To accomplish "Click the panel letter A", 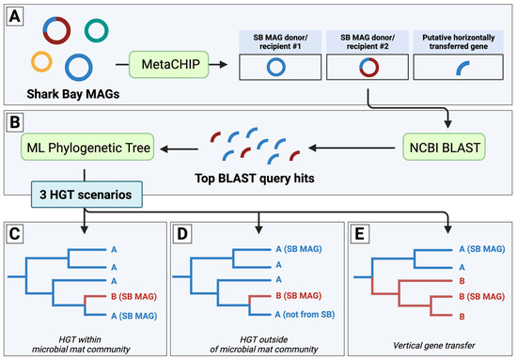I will [17, 17].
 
